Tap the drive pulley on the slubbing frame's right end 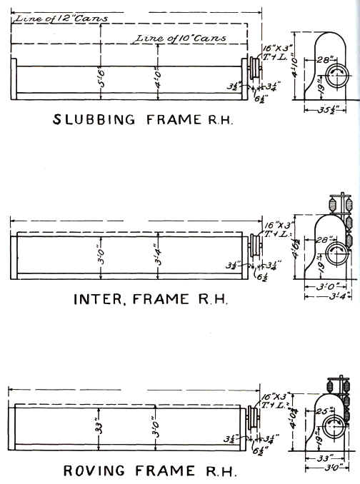[252, 71]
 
